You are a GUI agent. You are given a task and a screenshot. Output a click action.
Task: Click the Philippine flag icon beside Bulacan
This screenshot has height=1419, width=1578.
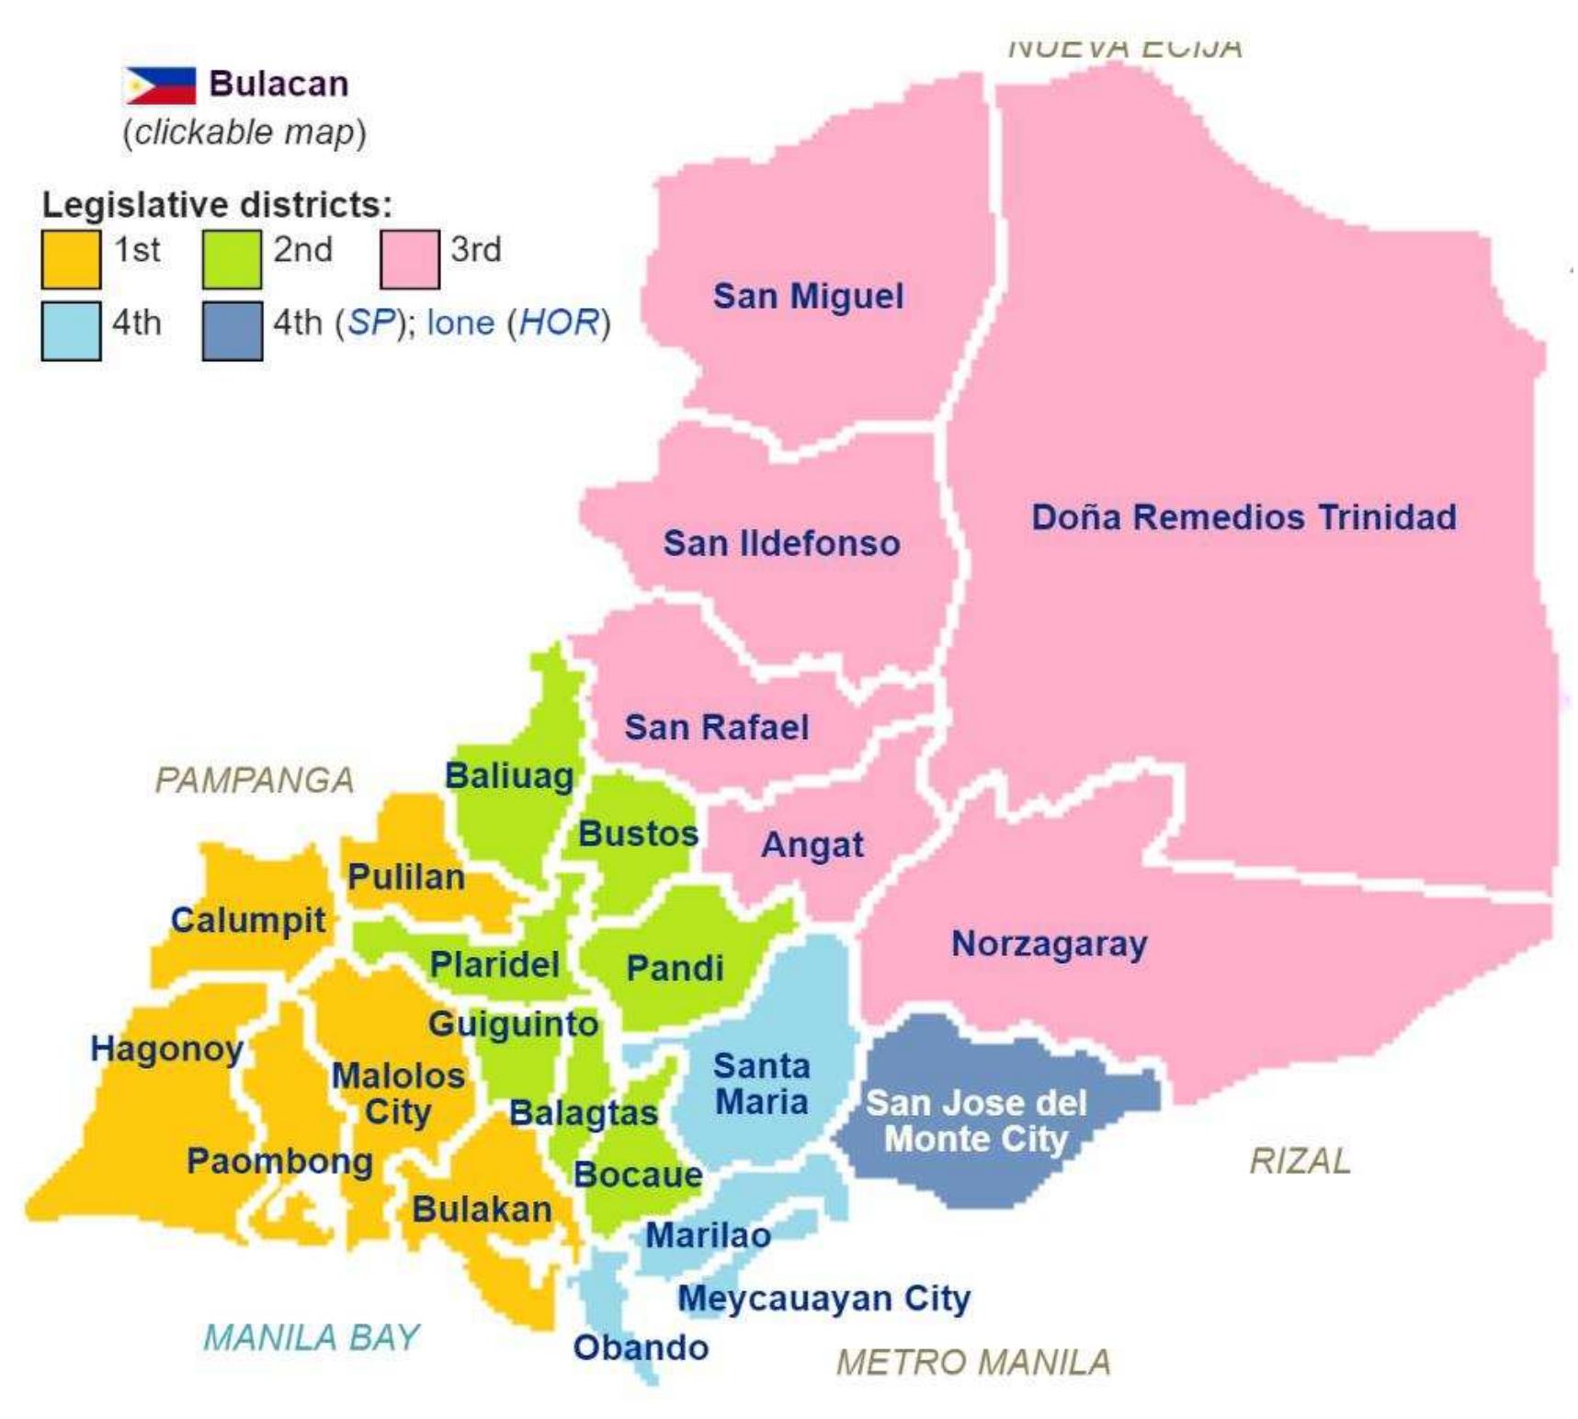161,85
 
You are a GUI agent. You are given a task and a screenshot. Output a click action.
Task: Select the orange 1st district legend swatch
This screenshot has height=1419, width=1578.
71,258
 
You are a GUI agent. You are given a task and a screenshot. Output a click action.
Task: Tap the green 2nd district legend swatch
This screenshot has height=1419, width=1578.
231,258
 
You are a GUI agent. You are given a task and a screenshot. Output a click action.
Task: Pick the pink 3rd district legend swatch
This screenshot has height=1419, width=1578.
409,258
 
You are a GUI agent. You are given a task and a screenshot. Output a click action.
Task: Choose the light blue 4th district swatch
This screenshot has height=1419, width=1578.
71,331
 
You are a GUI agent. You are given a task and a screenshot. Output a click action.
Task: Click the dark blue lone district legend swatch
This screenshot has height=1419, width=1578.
232,331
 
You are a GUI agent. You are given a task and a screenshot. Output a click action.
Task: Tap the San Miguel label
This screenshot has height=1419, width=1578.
808,296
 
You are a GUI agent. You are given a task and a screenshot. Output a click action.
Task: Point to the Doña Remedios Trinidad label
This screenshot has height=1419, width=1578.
1243,517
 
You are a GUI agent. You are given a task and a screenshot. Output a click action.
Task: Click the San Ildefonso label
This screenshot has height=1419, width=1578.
781,542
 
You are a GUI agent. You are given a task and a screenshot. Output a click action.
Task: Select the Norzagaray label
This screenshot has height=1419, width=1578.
1049,944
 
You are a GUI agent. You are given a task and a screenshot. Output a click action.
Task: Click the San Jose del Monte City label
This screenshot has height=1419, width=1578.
976,1120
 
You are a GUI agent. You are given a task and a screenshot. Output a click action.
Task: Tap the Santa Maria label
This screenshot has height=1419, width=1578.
762,1084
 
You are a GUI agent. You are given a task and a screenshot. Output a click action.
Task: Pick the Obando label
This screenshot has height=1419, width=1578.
641,1347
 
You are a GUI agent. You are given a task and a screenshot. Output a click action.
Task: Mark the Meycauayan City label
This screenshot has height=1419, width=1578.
823,1299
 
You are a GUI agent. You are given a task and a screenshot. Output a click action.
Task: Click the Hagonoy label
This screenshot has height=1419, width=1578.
166,1049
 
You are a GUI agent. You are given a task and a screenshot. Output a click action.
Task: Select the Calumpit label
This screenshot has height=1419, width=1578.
248,920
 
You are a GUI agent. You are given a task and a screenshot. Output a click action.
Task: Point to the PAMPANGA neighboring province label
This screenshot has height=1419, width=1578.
254,780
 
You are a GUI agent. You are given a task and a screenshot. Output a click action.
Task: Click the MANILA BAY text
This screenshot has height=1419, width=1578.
311,1337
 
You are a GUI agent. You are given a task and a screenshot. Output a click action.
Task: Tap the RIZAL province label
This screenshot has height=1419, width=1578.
1300,1161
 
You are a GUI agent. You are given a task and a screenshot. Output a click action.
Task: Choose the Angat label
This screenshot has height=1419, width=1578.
812,845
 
